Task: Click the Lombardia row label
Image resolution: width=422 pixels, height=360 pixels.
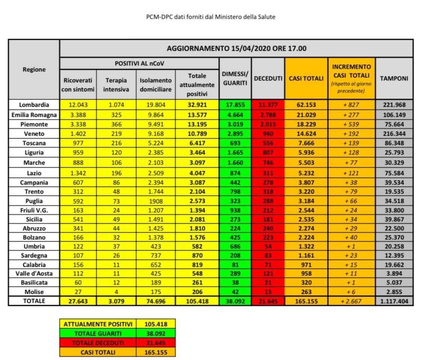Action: tap(34, 105)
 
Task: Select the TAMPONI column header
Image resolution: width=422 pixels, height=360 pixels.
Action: tap(394, 79)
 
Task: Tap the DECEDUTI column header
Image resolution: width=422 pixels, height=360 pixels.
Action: tap(268, 79)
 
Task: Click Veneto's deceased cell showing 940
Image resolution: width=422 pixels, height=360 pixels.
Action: tap(268, 134)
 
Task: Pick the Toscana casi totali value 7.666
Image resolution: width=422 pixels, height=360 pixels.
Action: tap(306, 143)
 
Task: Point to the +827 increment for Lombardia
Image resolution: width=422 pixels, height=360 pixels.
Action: tap(352, 105)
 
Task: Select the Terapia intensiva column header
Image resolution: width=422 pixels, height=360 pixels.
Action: tap(116, 85)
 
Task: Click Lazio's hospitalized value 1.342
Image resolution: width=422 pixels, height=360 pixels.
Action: tap(78, 172)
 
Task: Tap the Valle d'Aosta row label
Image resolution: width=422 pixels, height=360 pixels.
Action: tap(34, 272)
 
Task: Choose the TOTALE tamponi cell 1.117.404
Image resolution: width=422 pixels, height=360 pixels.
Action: tap(394, 301)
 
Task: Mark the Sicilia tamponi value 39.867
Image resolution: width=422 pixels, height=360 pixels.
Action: tap(394, 219)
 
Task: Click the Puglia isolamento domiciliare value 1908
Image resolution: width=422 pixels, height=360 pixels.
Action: tap(156, 201)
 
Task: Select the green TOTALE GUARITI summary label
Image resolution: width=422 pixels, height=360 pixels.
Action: tap(98, 333)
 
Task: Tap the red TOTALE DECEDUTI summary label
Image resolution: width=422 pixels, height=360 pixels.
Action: tap(98, 343)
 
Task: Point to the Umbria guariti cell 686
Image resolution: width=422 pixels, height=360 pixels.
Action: tap(235, 247)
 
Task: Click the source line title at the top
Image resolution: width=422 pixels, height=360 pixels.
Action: tap(211, 17)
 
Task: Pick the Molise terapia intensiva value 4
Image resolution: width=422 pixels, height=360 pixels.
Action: tap(116, 292)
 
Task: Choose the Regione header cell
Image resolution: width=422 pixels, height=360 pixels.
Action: tap(34, 70)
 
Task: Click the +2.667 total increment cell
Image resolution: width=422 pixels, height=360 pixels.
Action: tap(352, 301)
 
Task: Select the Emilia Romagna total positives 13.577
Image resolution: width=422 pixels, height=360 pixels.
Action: tap(197, 115)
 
